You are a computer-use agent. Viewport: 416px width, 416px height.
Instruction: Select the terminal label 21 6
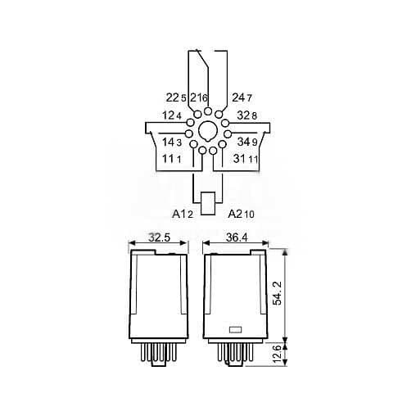click(x=199, y=98)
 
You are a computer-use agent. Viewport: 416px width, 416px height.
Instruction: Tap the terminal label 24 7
click(x=242, y=98)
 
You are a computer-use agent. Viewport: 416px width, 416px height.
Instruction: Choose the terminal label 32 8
click(x=246, y=116)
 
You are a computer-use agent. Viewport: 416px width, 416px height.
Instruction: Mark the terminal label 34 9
click(x=247, y=141)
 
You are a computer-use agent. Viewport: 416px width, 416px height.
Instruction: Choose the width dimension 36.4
click(x=237, y=238)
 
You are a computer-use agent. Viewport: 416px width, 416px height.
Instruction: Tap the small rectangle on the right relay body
click(x=234, y=331)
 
